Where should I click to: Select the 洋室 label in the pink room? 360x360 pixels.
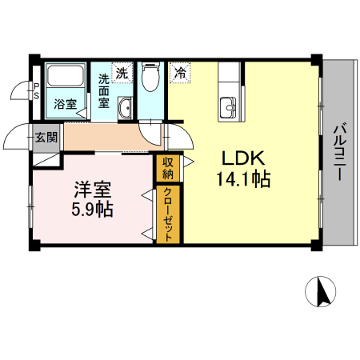[x=93, y=190]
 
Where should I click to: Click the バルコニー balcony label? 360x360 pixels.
[x=339, y=152]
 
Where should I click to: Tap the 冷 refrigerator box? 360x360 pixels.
[x=180, y=72]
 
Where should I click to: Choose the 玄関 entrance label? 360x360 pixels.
[x=46, y=137]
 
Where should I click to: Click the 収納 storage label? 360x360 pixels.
[x=168, y=167]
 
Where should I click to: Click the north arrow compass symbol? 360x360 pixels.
[x=322, y=294]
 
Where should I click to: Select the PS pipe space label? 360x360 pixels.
[x=36, y=90]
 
